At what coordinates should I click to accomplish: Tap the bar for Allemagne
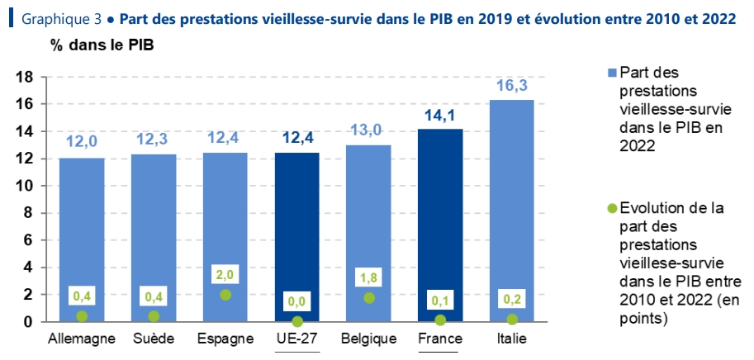pyautogui.click(x=82, y=239)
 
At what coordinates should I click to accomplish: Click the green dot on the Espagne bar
pyautogui.click(x=225, y=295)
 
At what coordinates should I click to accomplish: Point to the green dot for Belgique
pyautogui.click(x=368, y=298)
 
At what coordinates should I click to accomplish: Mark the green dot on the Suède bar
pyautogui.click(x=154, y=316)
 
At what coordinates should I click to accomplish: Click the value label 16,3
pyautogui.click(x=512, y=86)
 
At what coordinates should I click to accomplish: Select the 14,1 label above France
pyautogui.click(x=440, y=116)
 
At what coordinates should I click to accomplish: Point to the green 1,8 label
pyautogui.click(x=368, y=278)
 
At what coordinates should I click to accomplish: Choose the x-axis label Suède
pyautogui.click(x=154, y=339)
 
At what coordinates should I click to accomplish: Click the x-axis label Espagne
pyautogui.click(x=225, y=339)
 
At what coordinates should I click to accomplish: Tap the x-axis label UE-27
pyautogui.click(x=296, y=339)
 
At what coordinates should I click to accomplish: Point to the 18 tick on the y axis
pyautogui.click(x=24, y=77)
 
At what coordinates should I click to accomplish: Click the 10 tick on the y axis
pyautogui.click(x=24, y=186)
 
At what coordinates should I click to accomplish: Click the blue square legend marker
pyautogui.click(x=611, y=73)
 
